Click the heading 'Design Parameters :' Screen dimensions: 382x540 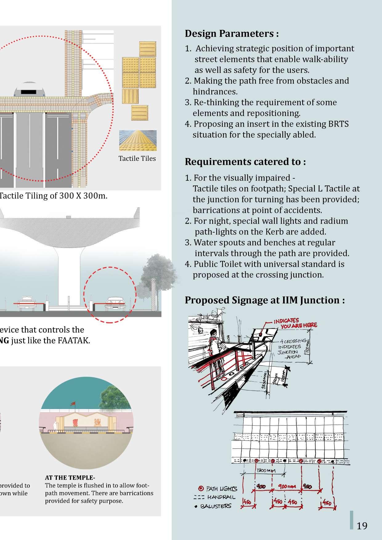pos(232,34)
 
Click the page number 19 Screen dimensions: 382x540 pos(362,526)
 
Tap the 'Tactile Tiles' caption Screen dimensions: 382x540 pos(137,159)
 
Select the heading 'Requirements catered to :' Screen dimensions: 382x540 pos(245,162)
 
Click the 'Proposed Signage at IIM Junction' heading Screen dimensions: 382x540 pos(264,300)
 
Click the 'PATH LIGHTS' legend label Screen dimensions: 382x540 pos(221,489)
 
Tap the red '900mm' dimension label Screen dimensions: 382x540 pos(287,486)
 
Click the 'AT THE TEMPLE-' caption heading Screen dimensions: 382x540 pos(70,478)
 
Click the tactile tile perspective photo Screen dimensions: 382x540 pos(138,140)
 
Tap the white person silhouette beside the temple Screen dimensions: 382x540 pos(55,427)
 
